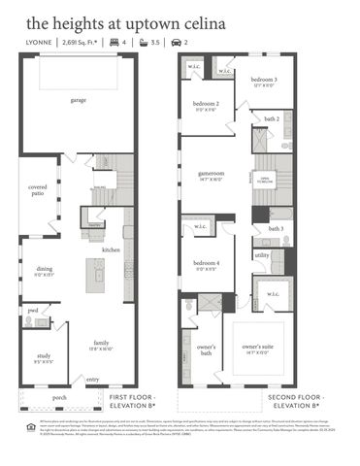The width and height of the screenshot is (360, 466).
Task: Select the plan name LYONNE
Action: [40, 43]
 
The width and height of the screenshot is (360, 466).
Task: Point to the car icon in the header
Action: [175, 43]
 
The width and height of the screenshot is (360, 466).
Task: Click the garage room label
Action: [78, 100]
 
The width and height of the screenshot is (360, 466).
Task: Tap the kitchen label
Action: [112, 250]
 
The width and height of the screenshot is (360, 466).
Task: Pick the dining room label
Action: [45, 269]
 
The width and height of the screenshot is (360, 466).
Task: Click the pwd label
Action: [32, 311]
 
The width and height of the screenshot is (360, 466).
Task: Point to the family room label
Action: [101, 343]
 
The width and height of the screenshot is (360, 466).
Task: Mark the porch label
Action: [60, 396]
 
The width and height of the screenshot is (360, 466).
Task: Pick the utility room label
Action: [262, 254]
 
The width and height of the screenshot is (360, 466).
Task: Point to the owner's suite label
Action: [256, 346]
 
